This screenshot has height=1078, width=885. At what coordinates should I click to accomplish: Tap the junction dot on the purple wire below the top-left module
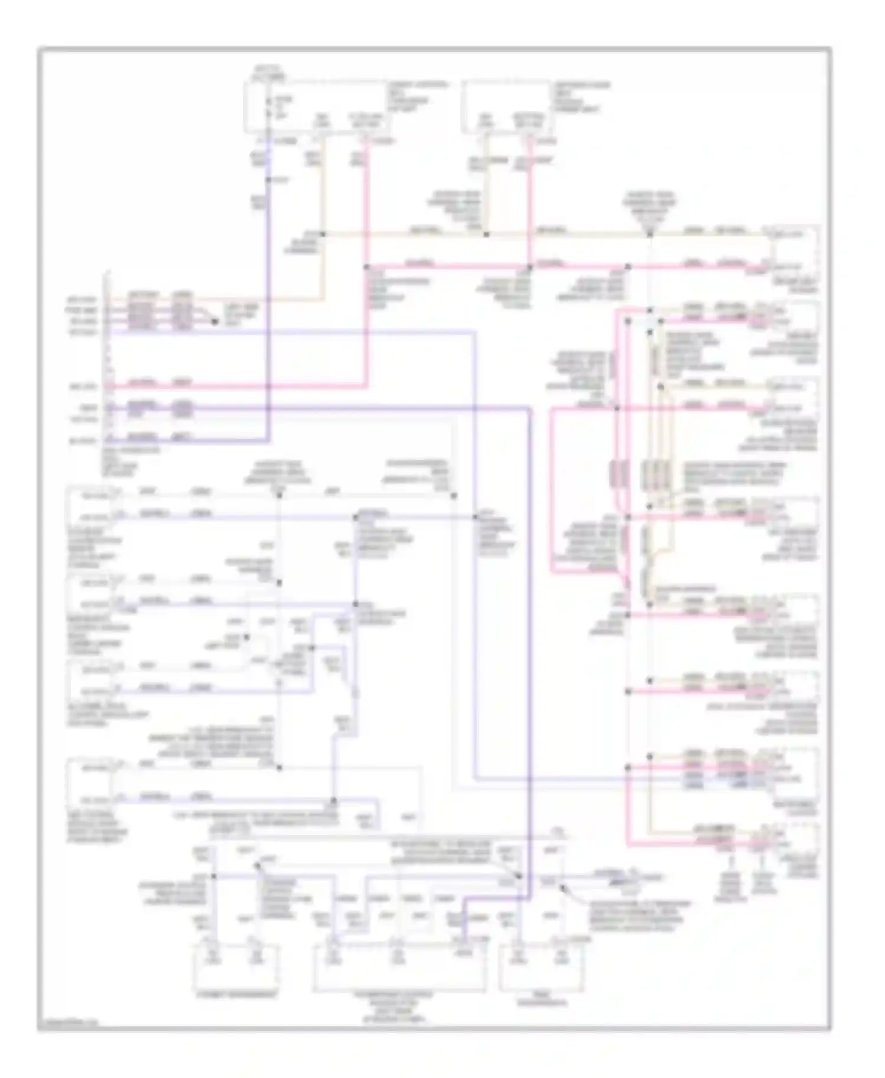point(268,179)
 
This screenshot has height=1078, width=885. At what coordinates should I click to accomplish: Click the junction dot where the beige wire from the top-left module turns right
point(322,234)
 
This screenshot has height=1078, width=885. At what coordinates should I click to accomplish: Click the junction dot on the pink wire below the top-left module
point(366,267)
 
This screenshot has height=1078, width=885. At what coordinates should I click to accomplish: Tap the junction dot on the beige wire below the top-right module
point(486,234)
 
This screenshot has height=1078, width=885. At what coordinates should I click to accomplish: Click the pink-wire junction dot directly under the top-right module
point(529,267)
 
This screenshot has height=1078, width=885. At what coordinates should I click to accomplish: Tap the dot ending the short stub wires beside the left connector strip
point(214,321)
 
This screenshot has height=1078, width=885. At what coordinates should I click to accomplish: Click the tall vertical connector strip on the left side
point(108,360)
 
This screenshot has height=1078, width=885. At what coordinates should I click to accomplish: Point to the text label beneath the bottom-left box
point(236,994)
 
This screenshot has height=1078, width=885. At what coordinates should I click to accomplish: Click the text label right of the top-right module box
point(581,97)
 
